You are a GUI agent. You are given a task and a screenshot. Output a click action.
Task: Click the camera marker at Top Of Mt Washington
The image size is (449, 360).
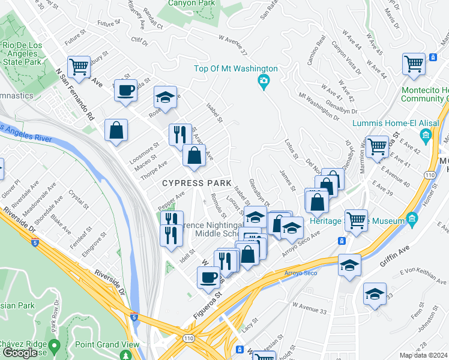263,82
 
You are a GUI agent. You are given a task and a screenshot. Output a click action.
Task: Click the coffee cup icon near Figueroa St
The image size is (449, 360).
208,277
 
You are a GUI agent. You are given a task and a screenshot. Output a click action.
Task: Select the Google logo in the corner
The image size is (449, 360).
20,353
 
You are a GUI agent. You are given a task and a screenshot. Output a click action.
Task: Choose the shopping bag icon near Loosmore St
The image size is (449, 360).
116,131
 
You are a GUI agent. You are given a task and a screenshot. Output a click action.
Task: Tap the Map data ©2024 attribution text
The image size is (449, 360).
424,355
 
